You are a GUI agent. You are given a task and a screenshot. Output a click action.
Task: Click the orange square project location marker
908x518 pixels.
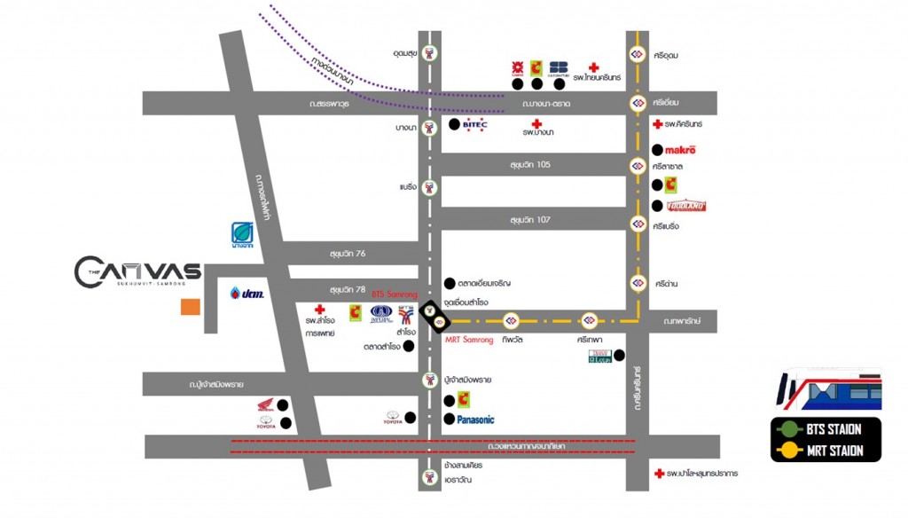[x=190, y=307]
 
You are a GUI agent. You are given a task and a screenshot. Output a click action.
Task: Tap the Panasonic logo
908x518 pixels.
[x=475, y=420]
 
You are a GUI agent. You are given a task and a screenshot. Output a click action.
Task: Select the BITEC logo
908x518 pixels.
[x=480, y=125]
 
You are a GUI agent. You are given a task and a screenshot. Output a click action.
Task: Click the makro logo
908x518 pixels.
[x=680, y=150]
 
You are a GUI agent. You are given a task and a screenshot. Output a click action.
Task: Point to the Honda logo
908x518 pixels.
[x=264, y=406]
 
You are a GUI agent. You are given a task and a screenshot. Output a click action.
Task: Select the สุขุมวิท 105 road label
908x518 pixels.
[x=530, y=164]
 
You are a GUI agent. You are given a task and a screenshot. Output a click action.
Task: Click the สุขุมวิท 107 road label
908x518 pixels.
[x=530, y=219]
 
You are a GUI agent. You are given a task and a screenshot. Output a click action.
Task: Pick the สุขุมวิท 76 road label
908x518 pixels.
[x=348, y=253]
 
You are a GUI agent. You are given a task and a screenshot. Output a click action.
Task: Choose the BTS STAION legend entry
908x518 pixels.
[x=833, y=429]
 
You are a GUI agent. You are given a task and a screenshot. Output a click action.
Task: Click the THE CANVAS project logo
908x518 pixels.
[x=137, y=272]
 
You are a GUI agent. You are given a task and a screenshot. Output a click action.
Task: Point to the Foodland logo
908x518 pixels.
[x=686, y=206]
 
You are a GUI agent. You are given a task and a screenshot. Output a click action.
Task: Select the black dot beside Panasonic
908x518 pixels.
[x=450, y=420]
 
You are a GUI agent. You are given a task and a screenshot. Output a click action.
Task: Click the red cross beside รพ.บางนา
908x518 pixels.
[x=536, y=123]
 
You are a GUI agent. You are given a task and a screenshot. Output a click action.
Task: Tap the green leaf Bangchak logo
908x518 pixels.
[x=243, y=233]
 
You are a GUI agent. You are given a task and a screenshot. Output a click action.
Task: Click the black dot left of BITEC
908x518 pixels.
[x=455, y=124]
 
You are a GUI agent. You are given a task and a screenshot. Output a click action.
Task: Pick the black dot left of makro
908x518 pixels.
[x=657, y=150]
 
